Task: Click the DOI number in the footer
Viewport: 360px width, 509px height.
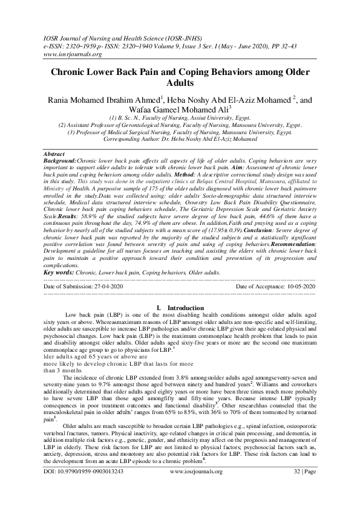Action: (85, 471)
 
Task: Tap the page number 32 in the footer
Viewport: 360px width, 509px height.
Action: (298, 471)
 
